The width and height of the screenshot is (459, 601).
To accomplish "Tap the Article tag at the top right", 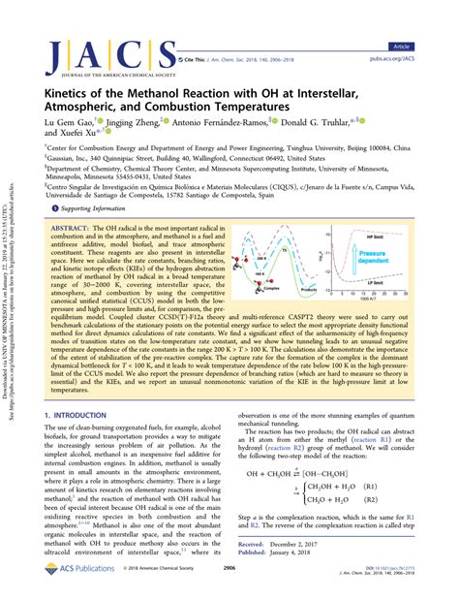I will pyautogui.click(x=427, y=18).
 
